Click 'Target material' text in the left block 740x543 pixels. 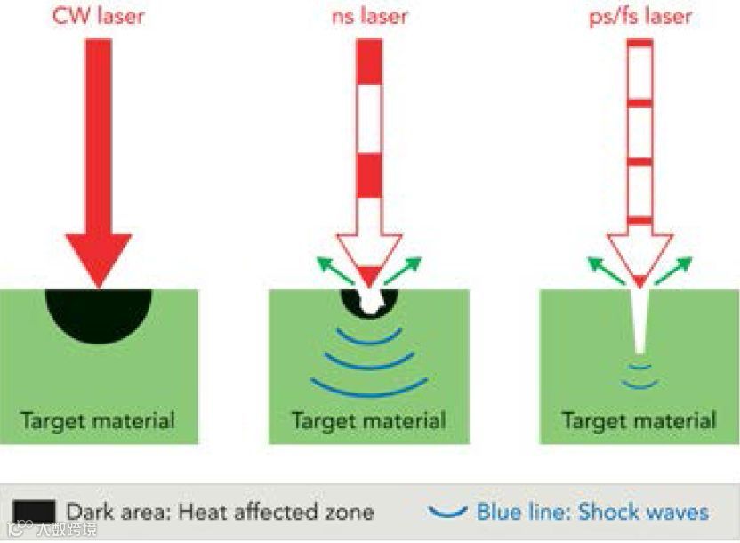tap(98, 419)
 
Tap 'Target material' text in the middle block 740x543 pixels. tap(368, 419)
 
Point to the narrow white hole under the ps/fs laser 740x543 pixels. tap(639, 320)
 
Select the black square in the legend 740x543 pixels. tap(35, 511)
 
